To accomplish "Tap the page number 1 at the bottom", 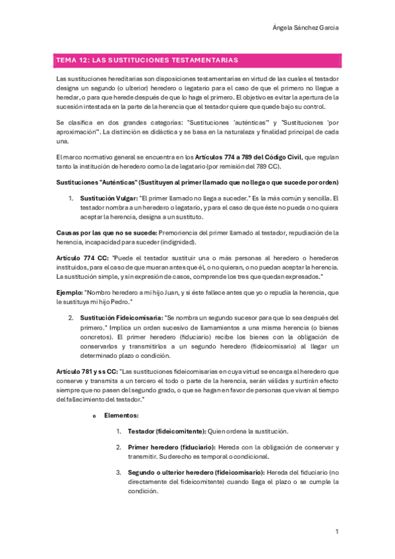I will [337, 531].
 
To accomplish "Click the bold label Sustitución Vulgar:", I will [108, 198].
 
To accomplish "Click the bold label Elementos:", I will [121, 416].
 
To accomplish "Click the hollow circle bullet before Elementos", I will [94, 417].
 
